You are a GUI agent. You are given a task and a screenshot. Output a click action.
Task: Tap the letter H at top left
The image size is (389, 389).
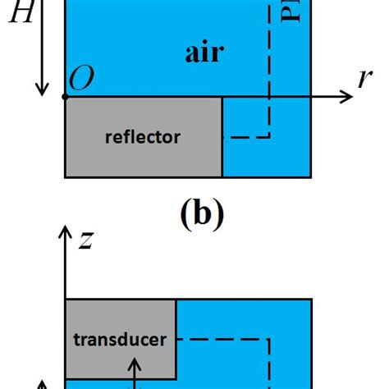(20, 14)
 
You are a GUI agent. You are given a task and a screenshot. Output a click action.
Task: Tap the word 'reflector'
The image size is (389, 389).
(143, 137)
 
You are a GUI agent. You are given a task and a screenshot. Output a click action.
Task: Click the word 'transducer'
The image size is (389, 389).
(120, 338)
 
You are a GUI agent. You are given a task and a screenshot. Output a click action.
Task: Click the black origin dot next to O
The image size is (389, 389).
(66, 98)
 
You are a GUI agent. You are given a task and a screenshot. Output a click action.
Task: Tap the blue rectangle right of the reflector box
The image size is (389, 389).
(266, 156)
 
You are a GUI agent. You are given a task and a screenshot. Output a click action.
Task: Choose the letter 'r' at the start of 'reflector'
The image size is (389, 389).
(109, 138)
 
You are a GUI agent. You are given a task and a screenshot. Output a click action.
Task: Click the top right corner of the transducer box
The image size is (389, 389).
(176, 300)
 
